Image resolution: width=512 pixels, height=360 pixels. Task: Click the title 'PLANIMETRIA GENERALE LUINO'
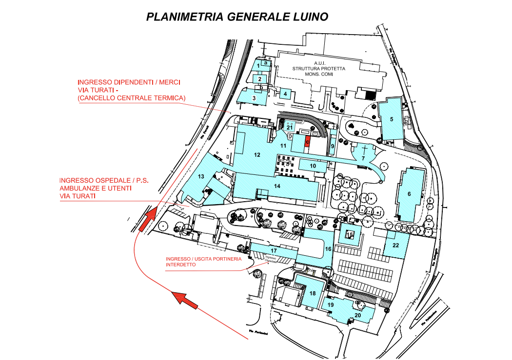click(237, 17)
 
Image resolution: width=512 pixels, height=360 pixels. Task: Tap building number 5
click(392, 119)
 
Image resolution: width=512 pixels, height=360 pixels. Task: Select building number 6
click(409, 194)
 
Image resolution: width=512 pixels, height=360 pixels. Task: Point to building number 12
click(257, 155)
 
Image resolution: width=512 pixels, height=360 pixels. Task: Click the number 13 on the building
click(201, 176)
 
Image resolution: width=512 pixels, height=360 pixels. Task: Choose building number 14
click(277, 186)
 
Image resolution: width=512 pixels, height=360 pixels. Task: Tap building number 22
click(395, 245)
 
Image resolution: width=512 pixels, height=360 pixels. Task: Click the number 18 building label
click(313, 293)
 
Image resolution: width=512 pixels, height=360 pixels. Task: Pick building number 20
click(357, 315)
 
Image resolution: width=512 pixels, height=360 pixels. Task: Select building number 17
click(274, 250)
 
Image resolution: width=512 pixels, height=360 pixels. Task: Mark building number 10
click(313, 166)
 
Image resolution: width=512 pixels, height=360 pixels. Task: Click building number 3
click(254, 97)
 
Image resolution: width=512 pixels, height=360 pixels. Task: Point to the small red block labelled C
click(307, 141)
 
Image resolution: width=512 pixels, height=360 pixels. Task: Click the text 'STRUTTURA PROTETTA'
click(319, 69)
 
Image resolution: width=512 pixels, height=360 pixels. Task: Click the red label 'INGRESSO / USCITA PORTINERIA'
click(203, 259)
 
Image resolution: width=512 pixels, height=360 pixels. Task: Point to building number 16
click(328, 249)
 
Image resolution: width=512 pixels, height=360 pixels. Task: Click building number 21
click(290, 128)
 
